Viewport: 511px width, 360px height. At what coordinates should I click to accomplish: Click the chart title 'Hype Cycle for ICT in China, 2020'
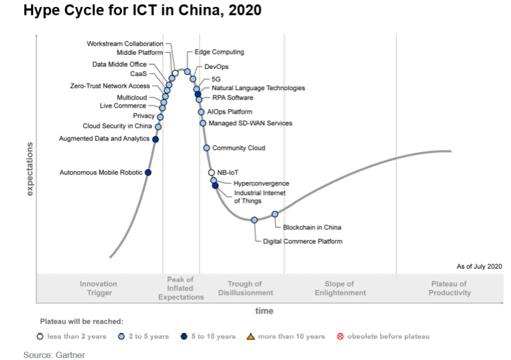click(142, 11)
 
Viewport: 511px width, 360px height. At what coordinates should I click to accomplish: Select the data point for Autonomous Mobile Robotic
click(148, 172)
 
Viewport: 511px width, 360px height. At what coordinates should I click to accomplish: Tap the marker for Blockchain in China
click(275, 214)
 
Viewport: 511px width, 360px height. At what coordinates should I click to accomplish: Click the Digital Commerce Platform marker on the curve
click(255, 220)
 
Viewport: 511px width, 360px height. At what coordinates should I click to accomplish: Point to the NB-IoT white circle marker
click(211, 172)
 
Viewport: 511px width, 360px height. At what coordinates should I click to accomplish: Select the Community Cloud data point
click(206, 148)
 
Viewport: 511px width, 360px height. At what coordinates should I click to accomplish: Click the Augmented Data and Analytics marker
click(155, 139)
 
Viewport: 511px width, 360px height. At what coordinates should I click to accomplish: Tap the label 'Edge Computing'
click(219, 52)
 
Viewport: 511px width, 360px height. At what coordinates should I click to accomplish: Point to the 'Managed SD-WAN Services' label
click(250, 123)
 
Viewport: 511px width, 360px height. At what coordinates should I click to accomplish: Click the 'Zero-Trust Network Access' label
click(110, 86)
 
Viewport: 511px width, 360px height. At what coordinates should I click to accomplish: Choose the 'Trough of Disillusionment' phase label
click(245, 289)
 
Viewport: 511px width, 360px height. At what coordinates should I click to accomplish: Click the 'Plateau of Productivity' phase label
click(450, 289)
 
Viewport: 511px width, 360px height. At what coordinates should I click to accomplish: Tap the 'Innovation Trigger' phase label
click(99, 289)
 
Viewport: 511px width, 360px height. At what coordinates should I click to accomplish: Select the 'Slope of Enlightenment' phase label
click(340, 289)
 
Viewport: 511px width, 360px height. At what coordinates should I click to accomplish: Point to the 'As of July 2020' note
click(479, 266)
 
